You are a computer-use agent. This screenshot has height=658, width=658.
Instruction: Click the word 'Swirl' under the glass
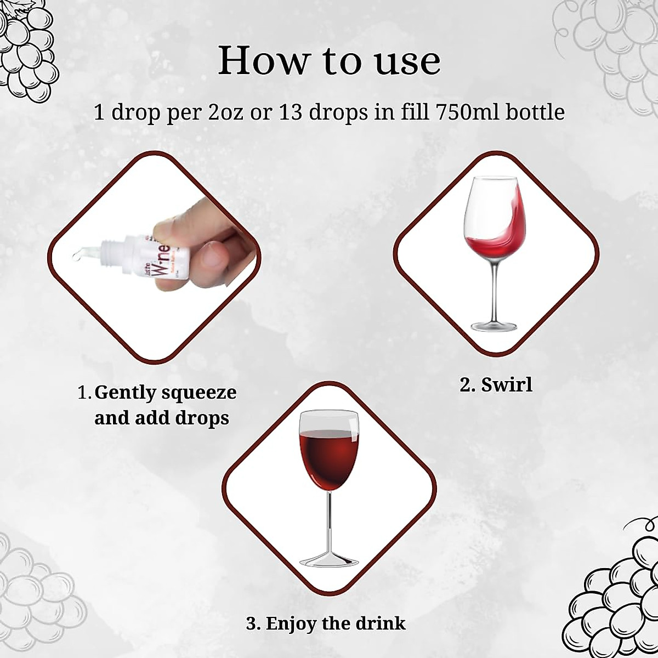[x=507, y=384]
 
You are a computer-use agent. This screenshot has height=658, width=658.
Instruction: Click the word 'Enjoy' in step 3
[x=291, y=623]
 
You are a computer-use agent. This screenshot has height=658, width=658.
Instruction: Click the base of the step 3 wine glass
[x=328, y=561]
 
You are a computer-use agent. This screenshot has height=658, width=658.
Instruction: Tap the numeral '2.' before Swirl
[x=467, y=384]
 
